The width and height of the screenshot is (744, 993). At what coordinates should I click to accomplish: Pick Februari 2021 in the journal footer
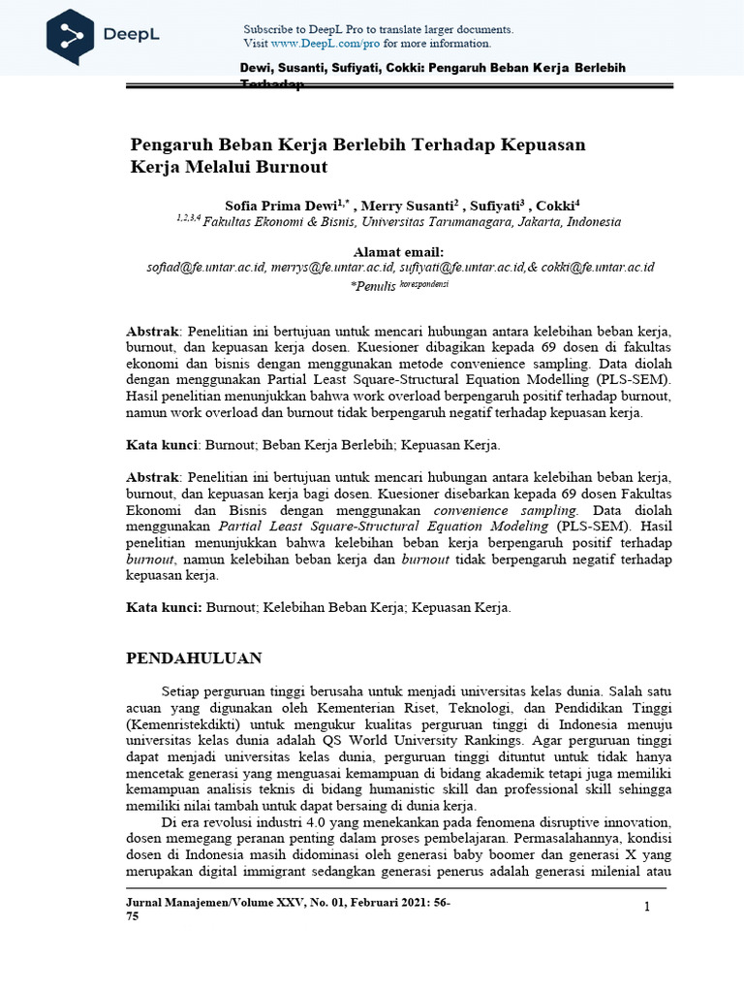click(377, 903)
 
